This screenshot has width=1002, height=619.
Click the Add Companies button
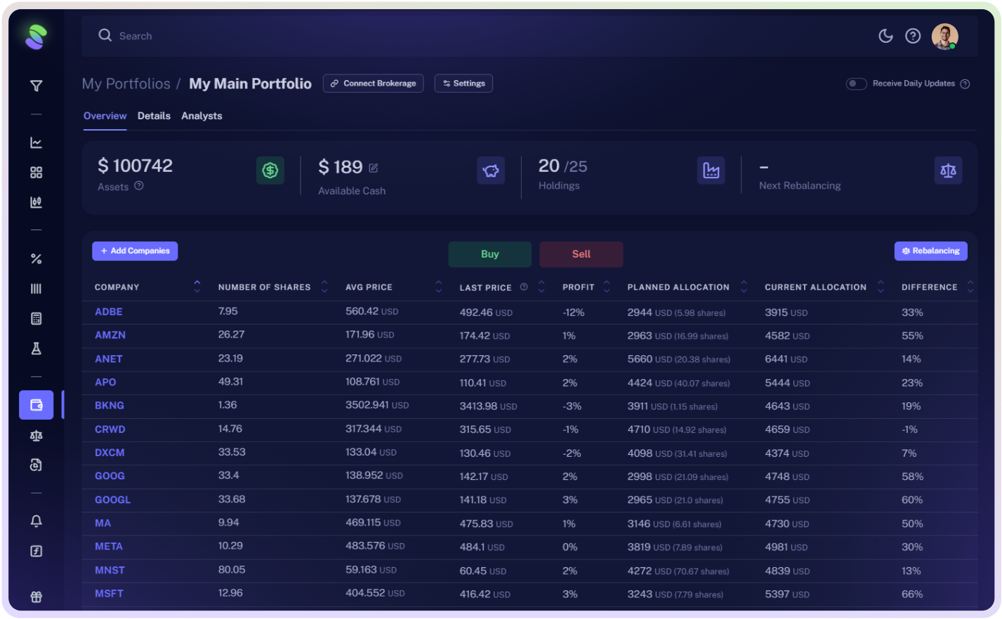click(x=135, y=251)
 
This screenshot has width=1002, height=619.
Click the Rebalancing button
click(x=930, y=251)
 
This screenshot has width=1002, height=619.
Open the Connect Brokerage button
click(x=373, y=84)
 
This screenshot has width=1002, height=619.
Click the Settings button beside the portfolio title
click(x=463, y=84)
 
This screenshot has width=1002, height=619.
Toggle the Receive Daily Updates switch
click(x=856, y=84)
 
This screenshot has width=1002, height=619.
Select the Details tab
click(x=154, y=116)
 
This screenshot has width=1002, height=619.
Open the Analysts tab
click(x=202, y=116)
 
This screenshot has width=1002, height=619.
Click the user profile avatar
click(x=944, y=36)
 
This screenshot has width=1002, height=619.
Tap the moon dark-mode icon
click(x=885, y=36)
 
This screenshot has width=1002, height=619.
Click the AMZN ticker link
click(x=110, y=335)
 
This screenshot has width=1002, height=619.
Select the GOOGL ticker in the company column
click(x=113, y=500)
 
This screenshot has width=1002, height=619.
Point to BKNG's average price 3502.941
click(x=367, y=405)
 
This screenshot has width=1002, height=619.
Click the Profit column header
click(x=579, y=287)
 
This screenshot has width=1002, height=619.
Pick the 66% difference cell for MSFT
click(x=912, y=594)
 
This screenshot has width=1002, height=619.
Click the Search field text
click(x=136, y=36)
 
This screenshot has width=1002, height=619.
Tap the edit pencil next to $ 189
click(x=374, y=168)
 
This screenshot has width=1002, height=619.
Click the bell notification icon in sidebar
click(x=37, y=521)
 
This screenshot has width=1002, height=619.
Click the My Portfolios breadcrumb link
click(x=126, y=84)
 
